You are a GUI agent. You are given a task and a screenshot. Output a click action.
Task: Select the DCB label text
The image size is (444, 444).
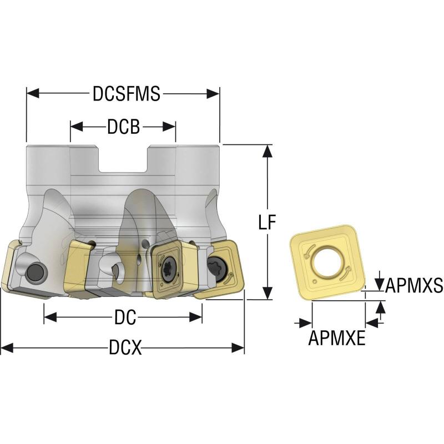point(123,127)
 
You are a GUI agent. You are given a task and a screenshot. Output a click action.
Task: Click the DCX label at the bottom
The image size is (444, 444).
point(125,349)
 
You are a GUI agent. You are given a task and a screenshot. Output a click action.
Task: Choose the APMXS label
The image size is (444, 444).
point(413,285)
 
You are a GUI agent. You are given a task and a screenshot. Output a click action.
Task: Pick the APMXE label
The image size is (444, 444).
point(337,337)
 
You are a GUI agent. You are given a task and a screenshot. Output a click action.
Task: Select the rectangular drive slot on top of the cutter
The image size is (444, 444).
point(123,160)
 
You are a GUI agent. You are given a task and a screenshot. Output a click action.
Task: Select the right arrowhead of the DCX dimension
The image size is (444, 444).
point(240,349)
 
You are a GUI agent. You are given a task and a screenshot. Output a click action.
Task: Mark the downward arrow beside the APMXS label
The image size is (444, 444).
point(379,284)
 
